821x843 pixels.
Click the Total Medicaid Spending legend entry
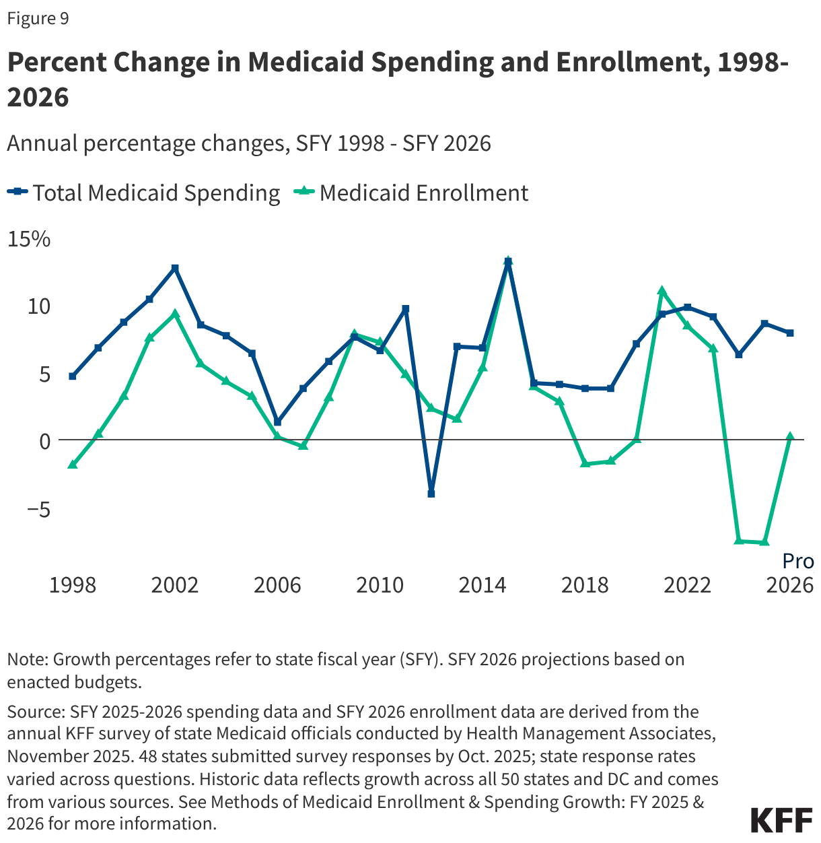pyautogui.click(x=144, y=193)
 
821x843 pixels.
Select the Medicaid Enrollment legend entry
pyautogui.click(x=412, y=193)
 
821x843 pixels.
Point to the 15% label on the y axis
pyautogui.click(x=28, y=239)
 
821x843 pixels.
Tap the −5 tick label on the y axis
pyautogui.click(x=38, y=509)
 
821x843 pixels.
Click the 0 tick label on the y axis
pyautogui.click(x=45, y=441)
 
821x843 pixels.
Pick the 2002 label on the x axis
pyautogui.click(x=175, y=585)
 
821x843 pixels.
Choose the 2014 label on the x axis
pyautogui.click(x=483, y=585)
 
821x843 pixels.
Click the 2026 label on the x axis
pyautogui.click(x=790, y=585)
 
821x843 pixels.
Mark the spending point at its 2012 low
pyautogui.click(x=431, y=494)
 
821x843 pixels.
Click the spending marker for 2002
pyautogui.click(x=175, y=268)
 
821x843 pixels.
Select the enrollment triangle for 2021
pyautogui.click(x=662, y=291)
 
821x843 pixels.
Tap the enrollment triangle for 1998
pyautogui.click(x=73, y=465)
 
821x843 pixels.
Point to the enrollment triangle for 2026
pyautogui.click(x=790, y=436)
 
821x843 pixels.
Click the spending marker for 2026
pyautogui.click(x=790, y=333)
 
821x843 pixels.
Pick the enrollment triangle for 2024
pyautogui.click(x=739, y=541)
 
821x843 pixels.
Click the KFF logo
pyautogui.click(x=781, y=820)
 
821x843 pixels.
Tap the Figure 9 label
pyautogui.click(x=38, y=18)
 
